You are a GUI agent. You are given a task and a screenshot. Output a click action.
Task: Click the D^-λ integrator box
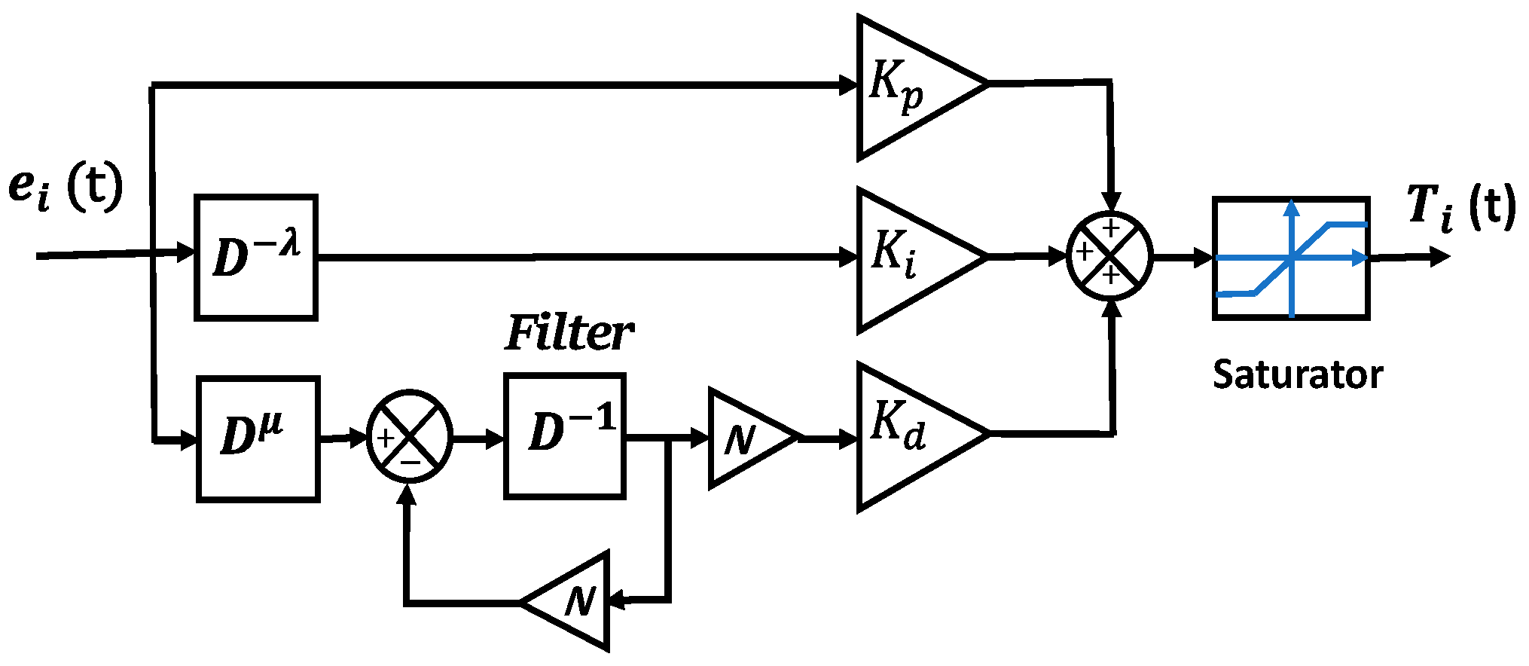coord(256,258)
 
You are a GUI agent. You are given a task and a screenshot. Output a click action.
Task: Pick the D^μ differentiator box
coord(258,438)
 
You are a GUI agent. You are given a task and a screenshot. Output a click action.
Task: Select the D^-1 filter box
coord(565,435)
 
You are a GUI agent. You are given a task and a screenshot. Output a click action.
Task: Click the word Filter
coord(569,334)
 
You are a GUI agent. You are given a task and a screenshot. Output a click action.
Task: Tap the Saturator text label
coord(1297,374)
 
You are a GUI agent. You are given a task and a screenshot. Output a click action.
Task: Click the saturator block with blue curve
coord(1291,258)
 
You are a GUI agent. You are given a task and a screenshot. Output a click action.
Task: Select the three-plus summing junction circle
coord(1110,256)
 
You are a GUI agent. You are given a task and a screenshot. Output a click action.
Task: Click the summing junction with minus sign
coord(409,437)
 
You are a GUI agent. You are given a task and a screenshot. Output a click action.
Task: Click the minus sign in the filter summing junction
coord(411,461)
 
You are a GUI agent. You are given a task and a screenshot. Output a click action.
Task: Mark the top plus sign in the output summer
coord(1111,228)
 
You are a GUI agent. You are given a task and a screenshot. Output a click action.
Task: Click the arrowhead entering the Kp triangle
coord(850,85)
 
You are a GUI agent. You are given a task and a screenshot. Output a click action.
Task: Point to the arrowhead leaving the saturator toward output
coord(1439,258)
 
